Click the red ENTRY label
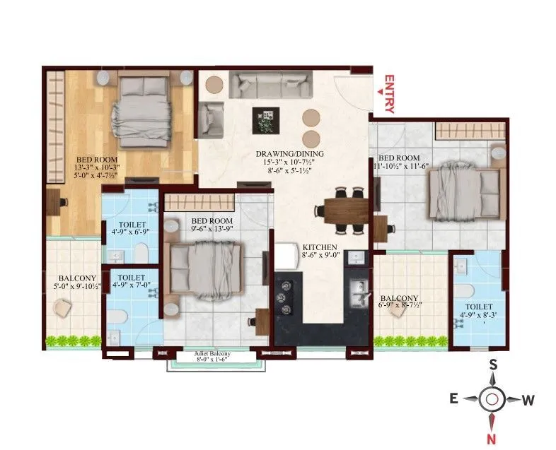click(x=389, y=94)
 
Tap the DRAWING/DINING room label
click(x=290, y=154)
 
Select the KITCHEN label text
click(x=320, y=247)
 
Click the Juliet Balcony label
click(x=212, y=354)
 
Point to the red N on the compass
click(x=491, y=439)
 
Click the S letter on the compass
click(x=493, y=364)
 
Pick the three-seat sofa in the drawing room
click(x=270, y=85)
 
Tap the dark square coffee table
click(x=265, y=121)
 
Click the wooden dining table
click(x=346, y=211)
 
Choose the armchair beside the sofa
click(x=211, y=119)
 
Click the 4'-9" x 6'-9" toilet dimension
click(x=130, y=232)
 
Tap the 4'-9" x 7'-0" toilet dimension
click(x=131, y=285)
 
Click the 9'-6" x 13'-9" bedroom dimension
click(x=212, y=229)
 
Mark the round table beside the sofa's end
click(x=214, y=85)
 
